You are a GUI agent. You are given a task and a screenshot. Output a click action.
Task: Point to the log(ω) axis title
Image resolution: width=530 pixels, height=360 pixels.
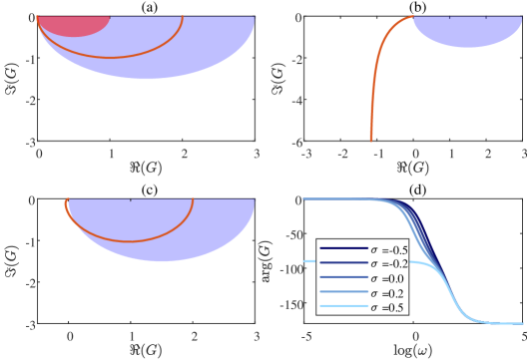[x=413, y=349]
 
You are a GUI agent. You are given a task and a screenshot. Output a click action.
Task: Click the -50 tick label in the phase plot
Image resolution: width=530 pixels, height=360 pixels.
[x=292, y=235]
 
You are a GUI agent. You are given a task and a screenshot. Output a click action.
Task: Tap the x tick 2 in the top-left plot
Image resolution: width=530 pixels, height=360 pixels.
[x=184, y=154]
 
